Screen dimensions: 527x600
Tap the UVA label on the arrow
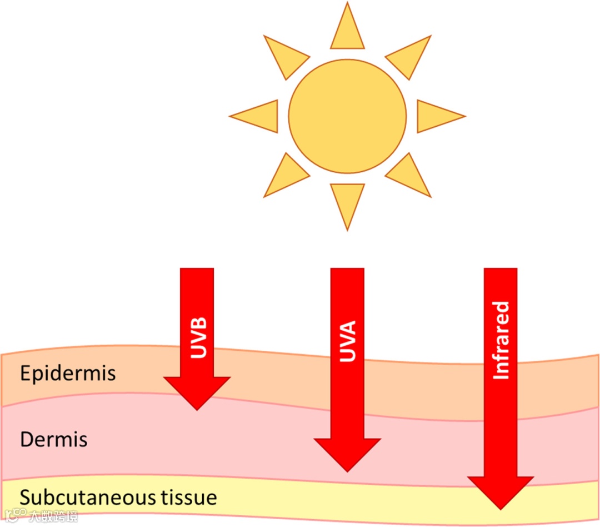point(348,341)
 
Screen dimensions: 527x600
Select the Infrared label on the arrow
point(501,340)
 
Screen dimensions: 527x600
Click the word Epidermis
point(68,373)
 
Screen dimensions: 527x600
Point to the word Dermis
point(54,440)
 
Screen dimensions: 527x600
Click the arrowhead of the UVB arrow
point(197,391)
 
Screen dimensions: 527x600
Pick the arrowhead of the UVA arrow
point(347,453)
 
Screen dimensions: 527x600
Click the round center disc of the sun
point(347,116)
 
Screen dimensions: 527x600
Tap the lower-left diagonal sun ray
point(284,177)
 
